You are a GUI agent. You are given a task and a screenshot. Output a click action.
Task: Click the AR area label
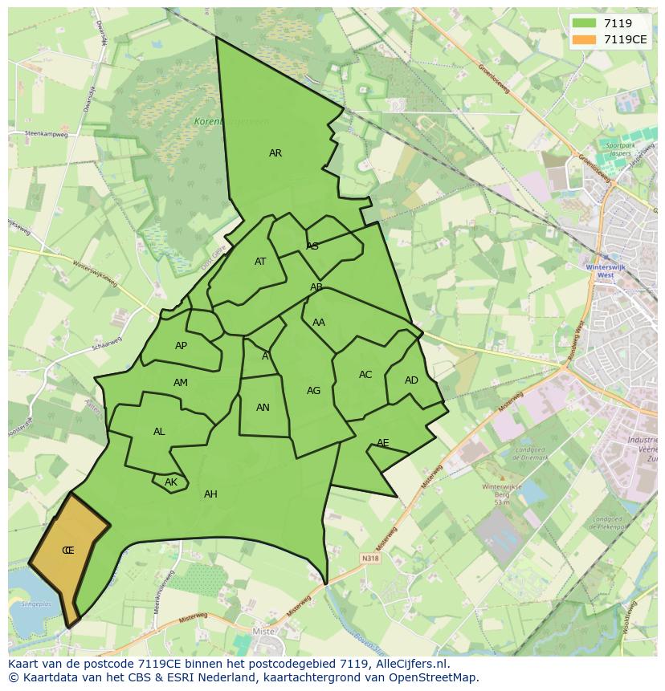pyautogui.click(x=275, y=153)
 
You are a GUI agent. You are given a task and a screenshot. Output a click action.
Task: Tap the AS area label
pyautogui.click(x=312, y=246)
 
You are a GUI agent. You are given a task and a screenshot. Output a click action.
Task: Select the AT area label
pyautogui.click(x=260, y=262)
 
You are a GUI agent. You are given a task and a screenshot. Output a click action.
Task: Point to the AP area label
pyautogui.click(x=181, y=346)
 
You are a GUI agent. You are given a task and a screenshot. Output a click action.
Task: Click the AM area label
pyautogui.click(x=181, y=383)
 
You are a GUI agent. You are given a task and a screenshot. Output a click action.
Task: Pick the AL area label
pyautogui.click(x=159, y=432)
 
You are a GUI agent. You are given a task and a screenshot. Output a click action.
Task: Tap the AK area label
pyautogui.click(x=170, y=482)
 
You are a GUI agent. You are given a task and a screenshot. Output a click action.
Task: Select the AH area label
pyautogui.click(x=210, y=494)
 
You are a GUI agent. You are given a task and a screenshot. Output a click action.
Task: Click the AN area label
pyautogui.click(x=263, y=408)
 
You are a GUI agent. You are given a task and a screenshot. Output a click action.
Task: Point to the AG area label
pyautogui.click(x=313, y=391)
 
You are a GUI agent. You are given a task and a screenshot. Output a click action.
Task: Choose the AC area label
pyautogui.click(x=365, y=375)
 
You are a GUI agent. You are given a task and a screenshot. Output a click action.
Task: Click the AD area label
pyautogui.click(x=411, y=380)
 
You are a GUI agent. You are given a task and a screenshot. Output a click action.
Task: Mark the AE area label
pyautogui.click(x=383, y=443)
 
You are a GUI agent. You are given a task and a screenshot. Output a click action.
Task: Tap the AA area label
pyautogui.click(x=319, y=323)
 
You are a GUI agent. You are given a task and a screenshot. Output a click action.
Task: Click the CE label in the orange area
pyautogui.click(x=68, y=551)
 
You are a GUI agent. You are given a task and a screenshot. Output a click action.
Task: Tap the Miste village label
pyautogui.click(x=263, y=632)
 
